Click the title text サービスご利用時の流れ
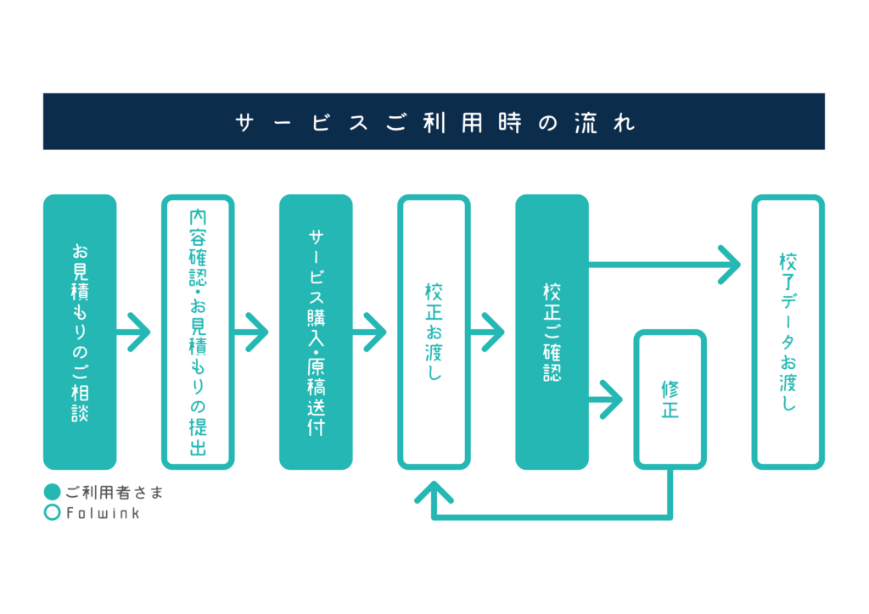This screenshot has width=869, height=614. (435, 122)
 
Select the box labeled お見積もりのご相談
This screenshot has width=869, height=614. (80, 332)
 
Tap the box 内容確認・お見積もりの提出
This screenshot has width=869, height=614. (198, 332)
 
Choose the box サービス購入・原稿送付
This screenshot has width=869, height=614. (316, 332)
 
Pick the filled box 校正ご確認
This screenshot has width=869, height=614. (552, 332)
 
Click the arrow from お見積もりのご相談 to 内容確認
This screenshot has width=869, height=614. (133, 332)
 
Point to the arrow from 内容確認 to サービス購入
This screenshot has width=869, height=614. (251, 332)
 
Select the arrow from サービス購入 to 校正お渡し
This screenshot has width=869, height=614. (370, 332)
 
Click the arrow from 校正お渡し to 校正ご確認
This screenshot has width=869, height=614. (488, 332)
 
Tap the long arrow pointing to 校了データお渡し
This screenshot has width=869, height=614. (664, 265)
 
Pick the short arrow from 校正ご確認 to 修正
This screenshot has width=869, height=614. (606, 399)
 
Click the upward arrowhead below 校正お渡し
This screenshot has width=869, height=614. (434, 492)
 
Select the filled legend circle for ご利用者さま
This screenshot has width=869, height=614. (52, 492)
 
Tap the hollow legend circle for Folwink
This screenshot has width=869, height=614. (52, 513)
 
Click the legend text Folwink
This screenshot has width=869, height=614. (103, 513)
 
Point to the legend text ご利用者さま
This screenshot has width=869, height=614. (115, 492)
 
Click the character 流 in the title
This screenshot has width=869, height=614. (586, 122)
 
